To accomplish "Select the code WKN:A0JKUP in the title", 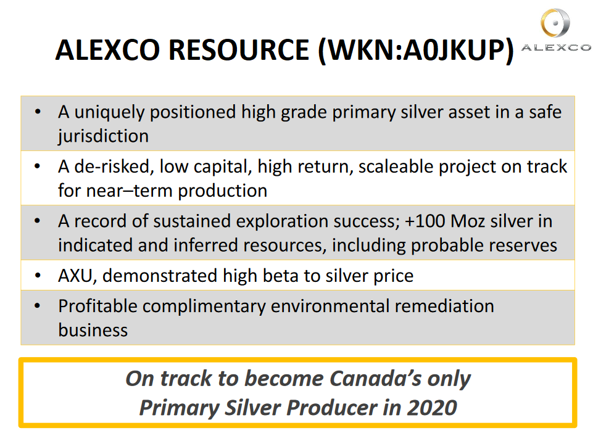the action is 416,51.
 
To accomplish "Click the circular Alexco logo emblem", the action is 555,23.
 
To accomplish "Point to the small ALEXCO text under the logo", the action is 557,47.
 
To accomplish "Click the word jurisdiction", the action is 103,136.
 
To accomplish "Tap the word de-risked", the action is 114,167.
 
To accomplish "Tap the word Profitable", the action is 97,306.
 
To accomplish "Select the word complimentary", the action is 204,306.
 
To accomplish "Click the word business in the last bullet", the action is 93,330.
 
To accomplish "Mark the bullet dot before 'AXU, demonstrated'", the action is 38,276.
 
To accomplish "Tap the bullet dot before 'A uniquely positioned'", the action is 38,112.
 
